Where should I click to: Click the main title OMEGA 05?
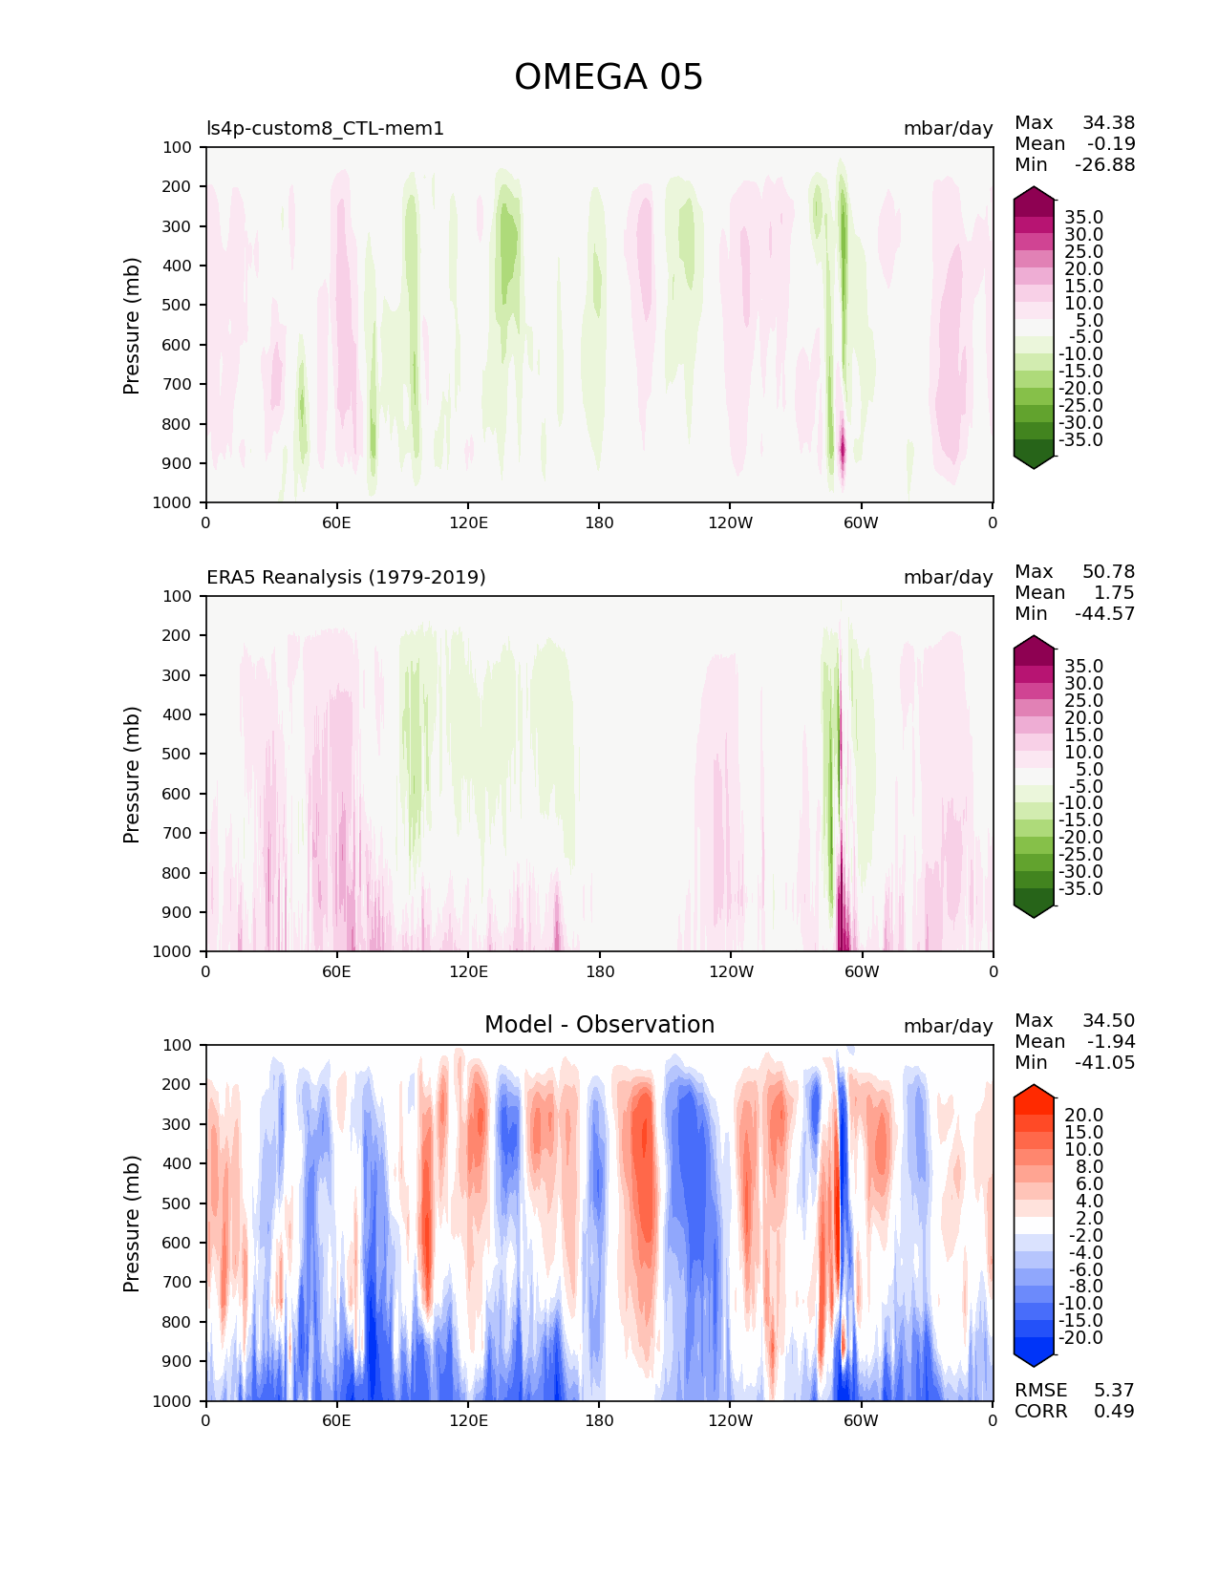click(x=609, y=77)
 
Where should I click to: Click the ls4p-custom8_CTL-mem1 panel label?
click(x=325, y=128)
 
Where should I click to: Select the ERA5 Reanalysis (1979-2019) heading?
click(x=346, y=577)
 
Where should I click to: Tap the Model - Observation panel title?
click(x=599, y=1025)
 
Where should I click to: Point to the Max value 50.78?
click(x=1108, y=571)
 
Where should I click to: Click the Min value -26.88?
click(x=1104, y=164)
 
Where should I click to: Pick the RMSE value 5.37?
click(x=1114, y=1390)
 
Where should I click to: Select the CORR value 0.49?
click(x=1114, y=1411)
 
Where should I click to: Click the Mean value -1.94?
click(x=1110, y=1041)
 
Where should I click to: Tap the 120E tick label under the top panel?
click(x=468, y=522)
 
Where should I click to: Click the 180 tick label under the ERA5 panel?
click(x=599, y=971)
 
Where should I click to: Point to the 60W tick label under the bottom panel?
click(x=861, y=1420)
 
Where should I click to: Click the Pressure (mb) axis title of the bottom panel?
click(x=132, y=1223)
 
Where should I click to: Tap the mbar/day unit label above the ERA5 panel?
click(x=948, y=577)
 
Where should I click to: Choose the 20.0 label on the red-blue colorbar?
click(x=1083, y=1115)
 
